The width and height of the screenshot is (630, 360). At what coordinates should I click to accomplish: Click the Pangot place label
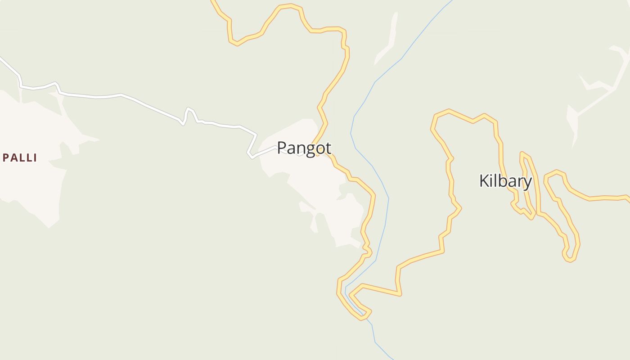[304, 148]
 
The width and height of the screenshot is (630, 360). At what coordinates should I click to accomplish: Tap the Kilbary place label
[505, 181]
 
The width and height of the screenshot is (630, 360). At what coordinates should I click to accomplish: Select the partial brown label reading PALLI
[19, 158]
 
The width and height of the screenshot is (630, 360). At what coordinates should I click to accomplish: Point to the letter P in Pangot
[282, 148]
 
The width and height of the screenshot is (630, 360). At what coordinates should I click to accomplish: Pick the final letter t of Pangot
[328, 148]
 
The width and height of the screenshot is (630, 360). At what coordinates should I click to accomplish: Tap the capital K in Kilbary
[484, 181]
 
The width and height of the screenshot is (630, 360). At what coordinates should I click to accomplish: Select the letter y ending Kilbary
[527, 182]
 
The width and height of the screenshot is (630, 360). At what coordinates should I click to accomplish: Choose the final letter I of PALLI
[35, 158]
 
